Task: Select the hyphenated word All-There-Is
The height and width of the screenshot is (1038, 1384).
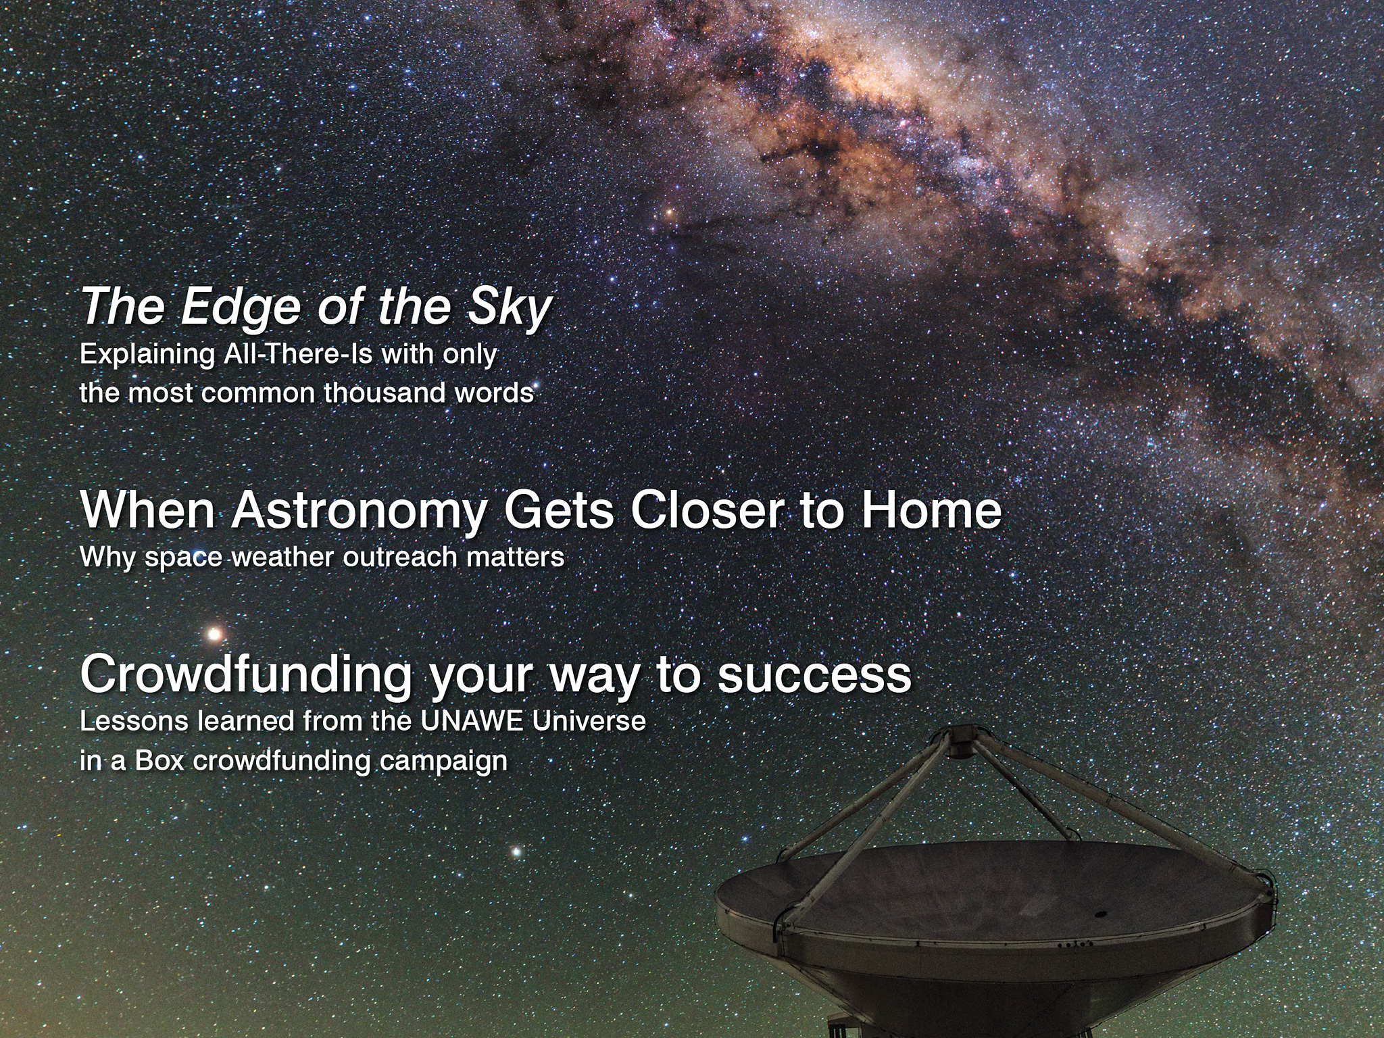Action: pos(298,354)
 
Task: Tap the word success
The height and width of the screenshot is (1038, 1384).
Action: pos(814,676)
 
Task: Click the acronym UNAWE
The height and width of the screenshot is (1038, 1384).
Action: pos(471,721)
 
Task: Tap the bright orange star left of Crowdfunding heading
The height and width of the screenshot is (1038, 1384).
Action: pos(214,634)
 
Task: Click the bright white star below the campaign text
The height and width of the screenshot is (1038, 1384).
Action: pos(518,852)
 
